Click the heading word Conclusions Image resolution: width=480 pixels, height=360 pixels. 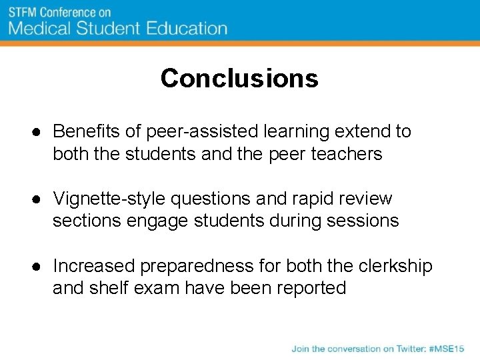[239, 79]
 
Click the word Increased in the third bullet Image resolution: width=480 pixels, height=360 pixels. [93, 266]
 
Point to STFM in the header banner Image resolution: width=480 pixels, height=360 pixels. [23, 13]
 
